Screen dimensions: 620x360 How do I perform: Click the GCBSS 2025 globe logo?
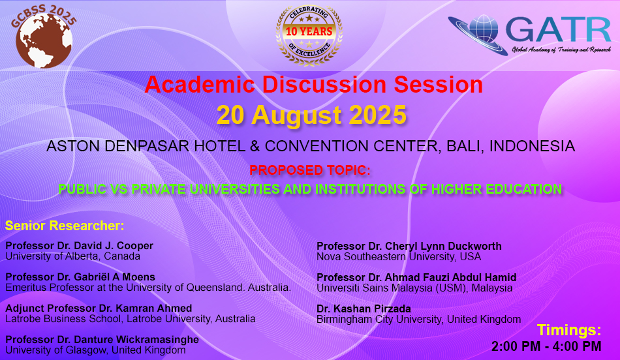(44, 37)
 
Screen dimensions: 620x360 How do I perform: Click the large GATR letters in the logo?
(558, 30)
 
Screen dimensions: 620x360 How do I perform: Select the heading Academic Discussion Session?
(313, 84)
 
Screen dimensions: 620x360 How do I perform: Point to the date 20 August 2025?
(311, 115)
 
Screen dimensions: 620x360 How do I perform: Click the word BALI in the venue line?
(464, 146)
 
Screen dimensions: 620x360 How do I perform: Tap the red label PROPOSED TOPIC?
(310, 170)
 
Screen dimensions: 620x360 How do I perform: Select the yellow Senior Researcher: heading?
(65, 226)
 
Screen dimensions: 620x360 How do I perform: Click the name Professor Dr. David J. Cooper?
(79, 245)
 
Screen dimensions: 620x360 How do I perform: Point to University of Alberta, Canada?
(72, 256)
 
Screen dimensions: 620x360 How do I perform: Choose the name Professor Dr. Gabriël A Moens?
(80, 277)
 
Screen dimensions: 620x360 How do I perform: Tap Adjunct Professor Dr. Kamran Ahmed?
(99, 308)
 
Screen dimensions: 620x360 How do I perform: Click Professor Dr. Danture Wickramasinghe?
(102, 339)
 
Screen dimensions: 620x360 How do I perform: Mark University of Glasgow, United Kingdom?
(95, 350)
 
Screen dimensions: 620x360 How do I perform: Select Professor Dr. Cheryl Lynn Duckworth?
(409, 246)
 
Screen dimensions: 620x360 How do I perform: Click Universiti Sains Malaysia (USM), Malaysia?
(414, 288)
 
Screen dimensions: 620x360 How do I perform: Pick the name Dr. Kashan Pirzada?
(364, 308)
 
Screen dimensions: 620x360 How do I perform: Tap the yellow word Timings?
(569, 330)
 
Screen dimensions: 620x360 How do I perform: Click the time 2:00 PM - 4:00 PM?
(546, 346)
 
